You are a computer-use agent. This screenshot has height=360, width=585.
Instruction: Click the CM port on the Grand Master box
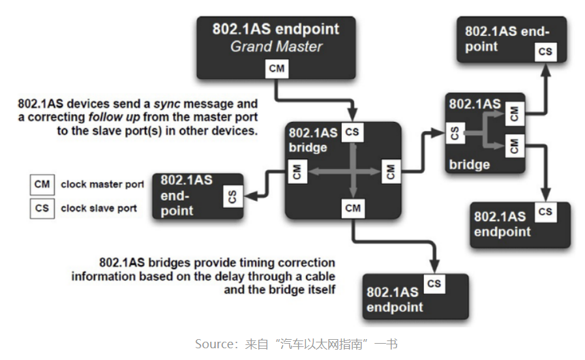pos(277,68)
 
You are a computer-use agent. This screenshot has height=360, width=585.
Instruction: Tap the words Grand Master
pos(276,46)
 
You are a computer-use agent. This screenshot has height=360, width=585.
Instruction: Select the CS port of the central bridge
pos(352,132)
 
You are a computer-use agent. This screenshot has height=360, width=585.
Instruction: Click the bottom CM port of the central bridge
pos(352,209)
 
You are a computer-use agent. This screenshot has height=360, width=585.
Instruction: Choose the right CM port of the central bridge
pos(391,172)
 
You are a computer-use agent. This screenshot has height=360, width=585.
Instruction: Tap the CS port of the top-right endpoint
pos(545,52)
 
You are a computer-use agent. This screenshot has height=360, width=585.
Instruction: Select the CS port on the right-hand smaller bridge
pos(455,133)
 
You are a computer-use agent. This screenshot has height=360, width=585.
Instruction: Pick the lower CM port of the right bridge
pos(513,146)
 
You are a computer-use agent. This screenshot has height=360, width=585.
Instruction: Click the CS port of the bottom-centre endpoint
pos(434,284)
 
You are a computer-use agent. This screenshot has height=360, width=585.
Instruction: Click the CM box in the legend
pos(42,185)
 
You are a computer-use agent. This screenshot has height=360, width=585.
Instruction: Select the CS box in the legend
pos(42,208)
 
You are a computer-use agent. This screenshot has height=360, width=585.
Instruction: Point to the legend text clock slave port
pos(98,208)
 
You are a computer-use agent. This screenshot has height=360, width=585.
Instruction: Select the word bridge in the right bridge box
pos(469,164)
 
